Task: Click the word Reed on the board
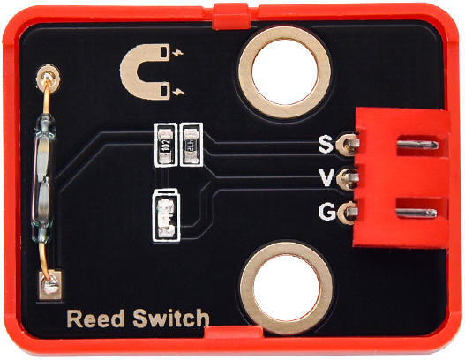click(96, 319)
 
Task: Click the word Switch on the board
click(171, 319)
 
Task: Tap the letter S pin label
click(326, 144)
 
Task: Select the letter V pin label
click(326, 177)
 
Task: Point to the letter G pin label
click(327, 212)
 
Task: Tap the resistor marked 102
click(166, 145)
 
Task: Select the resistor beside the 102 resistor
click(191, 145)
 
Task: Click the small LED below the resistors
click(166, 215)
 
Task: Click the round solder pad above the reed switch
click(48, 79)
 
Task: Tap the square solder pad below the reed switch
click(50, 285)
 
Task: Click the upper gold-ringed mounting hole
click(284, 72)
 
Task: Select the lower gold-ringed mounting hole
click(286, 288)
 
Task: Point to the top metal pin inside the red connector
click(417, 145)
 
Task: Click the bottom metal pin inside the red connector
click(416, 213)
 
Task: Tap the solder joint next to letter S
click(348, 145)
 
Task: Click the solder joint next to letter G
click(347, 213)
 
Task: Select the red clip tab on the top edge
click(230, 16)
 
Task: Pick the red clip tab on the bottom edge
click(234, 333)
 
